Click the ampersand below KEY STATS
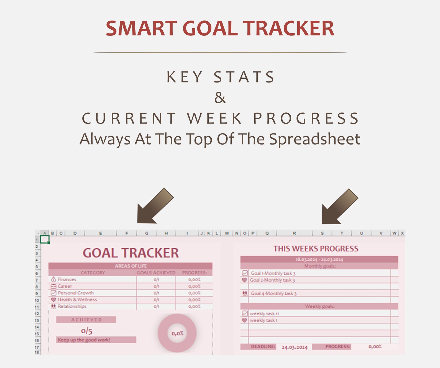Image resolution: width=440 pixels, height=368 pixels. click(220, 98)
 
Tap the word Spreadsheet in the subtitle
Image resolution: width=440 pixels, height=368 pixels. click(315, 139)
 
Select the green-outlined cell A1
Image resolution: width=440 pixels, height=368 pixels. click(45, 240)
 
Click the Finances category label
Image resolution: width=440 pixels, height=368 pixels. click(67, 279)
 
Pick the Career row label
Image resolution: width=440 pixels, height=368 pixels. click(65, 286)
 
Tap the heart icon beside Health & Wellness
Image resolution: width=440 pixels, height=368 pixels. click(53, 300)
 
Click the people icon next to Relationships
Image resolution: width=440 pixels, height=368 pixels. click(53, 306)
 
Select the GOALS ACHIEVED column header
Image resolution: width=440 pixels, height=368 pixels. click(156, 273)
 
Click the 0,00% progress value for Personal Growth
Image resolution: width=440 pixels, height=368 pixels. click(194, 293)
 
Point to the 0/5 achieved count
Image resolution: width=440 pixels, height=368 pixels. click(87, 331)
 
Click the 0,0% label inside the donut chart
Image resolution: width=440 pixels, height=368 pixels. click(177, 333)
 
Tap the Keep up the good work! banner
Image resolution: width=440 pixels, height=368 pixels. click(84, 340)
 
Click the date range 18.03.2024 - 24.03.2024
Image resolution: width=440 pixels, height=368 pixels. click(319, 259)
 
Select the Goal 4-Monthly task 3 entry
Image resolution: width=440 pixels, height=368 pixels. click(273, 294)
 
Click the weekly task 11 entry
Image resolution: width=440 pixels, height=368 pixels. click(264, 313)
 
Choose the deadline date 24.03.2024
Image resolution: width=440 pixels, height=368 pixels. click(295, 347)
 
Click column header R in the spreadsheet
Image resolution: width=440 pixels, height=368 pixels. click(294, 233)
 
